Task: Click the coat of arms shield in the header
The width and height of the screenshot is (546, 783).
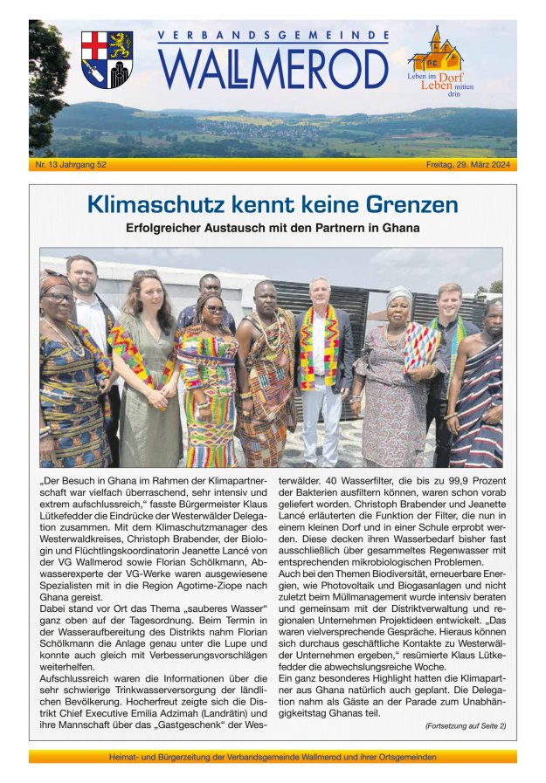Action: (x=107, y=59)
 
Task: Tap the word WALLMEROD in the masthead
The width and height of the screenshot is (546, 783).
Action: (x=273, y=69)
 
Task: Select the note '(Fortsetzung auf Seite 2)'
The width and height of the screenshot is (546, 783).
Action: (x=465, y=725)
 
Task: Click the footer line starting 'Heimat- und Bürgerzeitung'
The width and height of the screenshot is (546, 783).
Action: (x=273, y=757)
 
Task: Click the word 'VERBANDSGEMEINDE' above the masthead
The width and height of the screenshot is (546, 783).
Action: (x=273, y=37)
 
